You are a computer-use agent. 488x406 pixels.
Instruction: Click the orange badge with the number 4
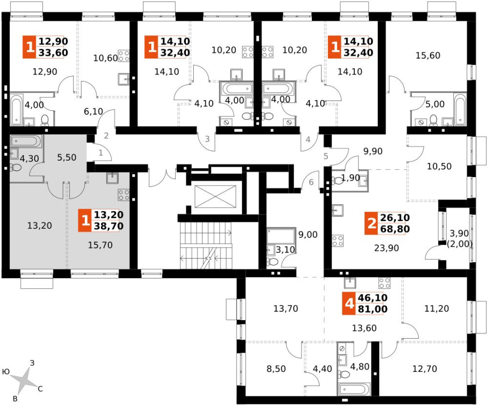pos(350,303)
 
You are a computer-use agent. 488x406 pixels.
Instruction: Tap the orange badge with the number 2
pos(372,223)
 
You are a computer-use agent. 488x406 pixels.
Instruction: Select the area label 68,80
pos(395,229)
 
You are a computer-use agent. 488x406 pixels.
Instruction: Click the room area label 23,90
pos(386,248)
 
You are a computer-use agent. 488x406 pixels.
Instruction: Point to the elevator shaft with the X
pos(215,196)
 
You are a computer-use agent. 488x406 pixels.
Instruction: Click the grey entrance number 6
pos(311,182)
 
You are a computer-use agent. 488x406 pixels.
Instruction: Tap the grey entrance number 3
pos(207,139)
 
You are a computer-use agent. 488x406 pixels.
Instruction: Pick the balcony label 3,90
pos(459,233)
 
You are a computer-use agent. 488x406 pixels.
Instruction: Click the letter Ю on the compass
pos(6,372)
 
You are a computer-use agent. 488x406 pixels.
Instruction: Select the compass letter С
pos(40,388)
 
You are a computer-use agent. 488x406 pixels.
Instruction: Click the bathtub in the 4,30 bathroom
pos(26,142)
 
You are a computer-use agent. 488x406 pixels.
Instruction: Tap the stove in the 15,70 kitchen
pos(124,195)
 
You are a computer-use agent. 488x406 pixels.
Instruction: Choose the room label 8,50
pos(276,369)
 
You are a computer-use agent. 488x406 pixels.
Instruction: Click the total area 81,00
pos(373,309)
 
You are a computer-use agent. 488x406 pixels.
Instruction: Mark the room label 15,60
pos(428,55)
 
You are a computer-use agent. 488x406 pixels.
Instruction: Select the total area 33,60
pos(53,53)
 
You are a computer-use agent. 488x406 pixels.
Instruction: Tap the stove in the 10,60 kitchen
pos(124,56)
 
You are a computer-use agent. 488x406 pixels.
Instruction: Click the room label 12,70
pos(424,369)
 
